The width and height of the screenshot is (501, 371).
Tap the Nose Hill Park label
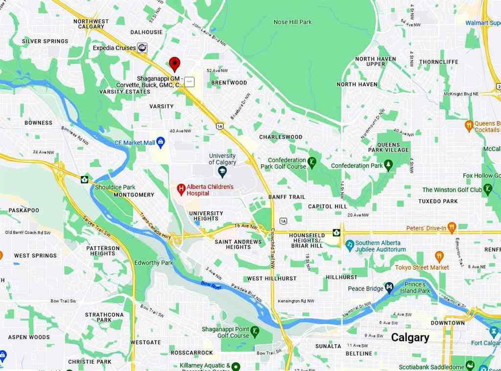pyautogui.click(x=292, y=22)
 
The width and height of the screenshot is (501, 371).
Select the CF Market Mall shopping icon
pyautogui.click(x=161, y=142)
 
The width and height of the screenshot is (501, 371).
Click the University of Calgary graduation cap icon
pyautogui.click(x=223, y=171)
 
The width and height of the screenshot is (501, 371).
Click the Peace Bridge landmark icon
pyautogui.click(x=389, y=287)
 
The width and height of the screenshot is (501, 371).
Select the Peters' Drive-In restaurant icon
pyautogui.click(x=451, y=228)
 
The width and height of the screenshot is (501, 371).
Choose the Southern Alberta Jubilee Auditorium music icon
pyautogui.click(x=349, y=244)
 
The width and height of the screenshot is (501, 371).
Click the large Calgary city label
pyautogui.click(x=410, y=337)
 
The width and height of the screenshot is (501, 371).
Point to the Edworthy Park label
pyautogui.click(x=154, y=262)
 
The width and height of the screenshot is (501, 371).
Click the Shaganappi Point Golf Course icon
pyautogui.click(x=255, y=333)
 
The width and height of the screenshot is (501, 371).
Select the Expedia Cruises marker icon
pyautogui.click(x=142, y=47)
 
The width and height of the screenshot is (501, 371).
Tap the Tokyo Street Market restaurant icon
pyautogui.click(x=439, y=257)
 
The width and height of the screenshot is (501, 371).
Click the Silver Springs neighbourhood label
pyautogui.click(x=45, y=42)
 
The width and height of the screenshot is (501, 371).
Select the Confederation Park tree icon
pyautogui.click(x=389, y=166)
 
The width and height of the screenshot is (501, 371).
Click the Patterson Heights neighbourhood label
pyautogui.click(x=103, y=251)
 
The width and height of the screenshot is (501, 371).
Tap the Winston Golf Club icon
pyautogui.click(x=488, y=188)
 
